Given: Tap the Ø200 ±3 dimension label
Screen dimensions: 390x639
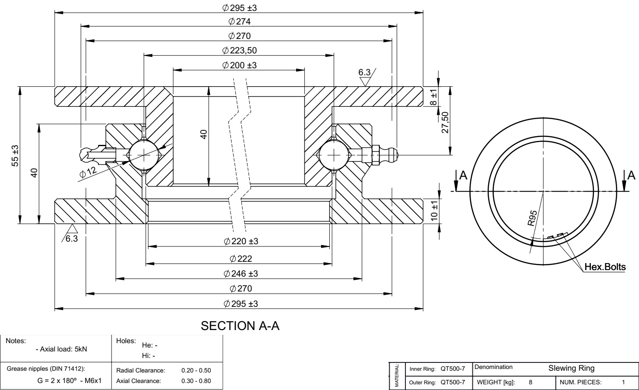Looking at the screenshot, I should point(239,65).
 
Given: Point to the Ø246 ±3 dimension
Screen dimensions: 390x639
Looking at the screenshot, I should point(241,274).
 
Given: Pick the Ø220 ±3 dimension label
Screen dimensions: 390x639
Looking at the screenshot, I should point(241,241).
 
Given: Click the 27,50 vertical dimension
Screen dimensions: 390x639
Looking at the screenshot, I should point(445,123).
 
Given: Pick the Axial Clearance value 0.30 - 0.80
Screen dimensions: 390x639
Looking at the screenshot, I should point(196,381).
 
